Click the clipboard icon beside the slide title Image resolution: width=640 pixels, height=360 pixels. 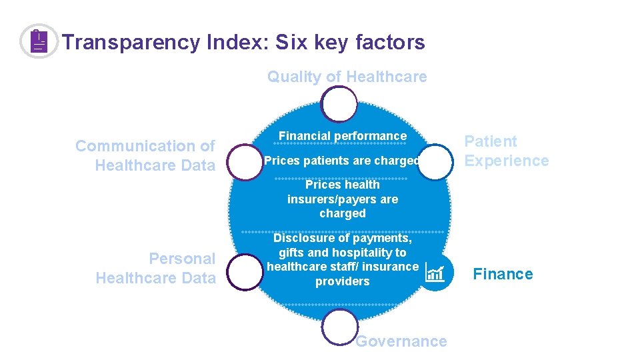(39, 41)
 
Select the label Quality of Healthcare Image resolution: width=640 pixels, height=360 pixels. (347, 77)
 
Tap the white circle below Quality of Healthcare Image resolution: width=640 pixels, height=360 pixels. (339, 105)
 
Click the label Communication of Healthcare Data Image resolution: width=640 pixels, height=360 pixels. (145, 155)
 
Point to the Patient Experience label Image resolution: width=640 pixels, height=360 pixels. (506, 151)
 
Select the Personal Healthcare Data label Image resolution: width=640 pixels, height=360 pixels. (156, 268)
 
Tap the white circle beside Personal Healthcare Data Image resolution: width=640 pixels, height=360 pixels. (245, 273)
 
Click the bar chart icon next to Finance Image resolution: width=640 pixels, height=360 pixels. (435, 273)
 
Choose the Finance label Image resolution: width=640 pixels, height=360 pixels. (503, 274)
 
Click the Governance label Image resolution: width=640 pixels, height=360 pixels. (401, 341)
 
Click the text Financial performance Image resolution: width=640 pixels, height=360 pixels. (342, 136)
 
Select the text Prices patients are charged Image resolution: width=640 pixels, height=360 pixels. (342, 161)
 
